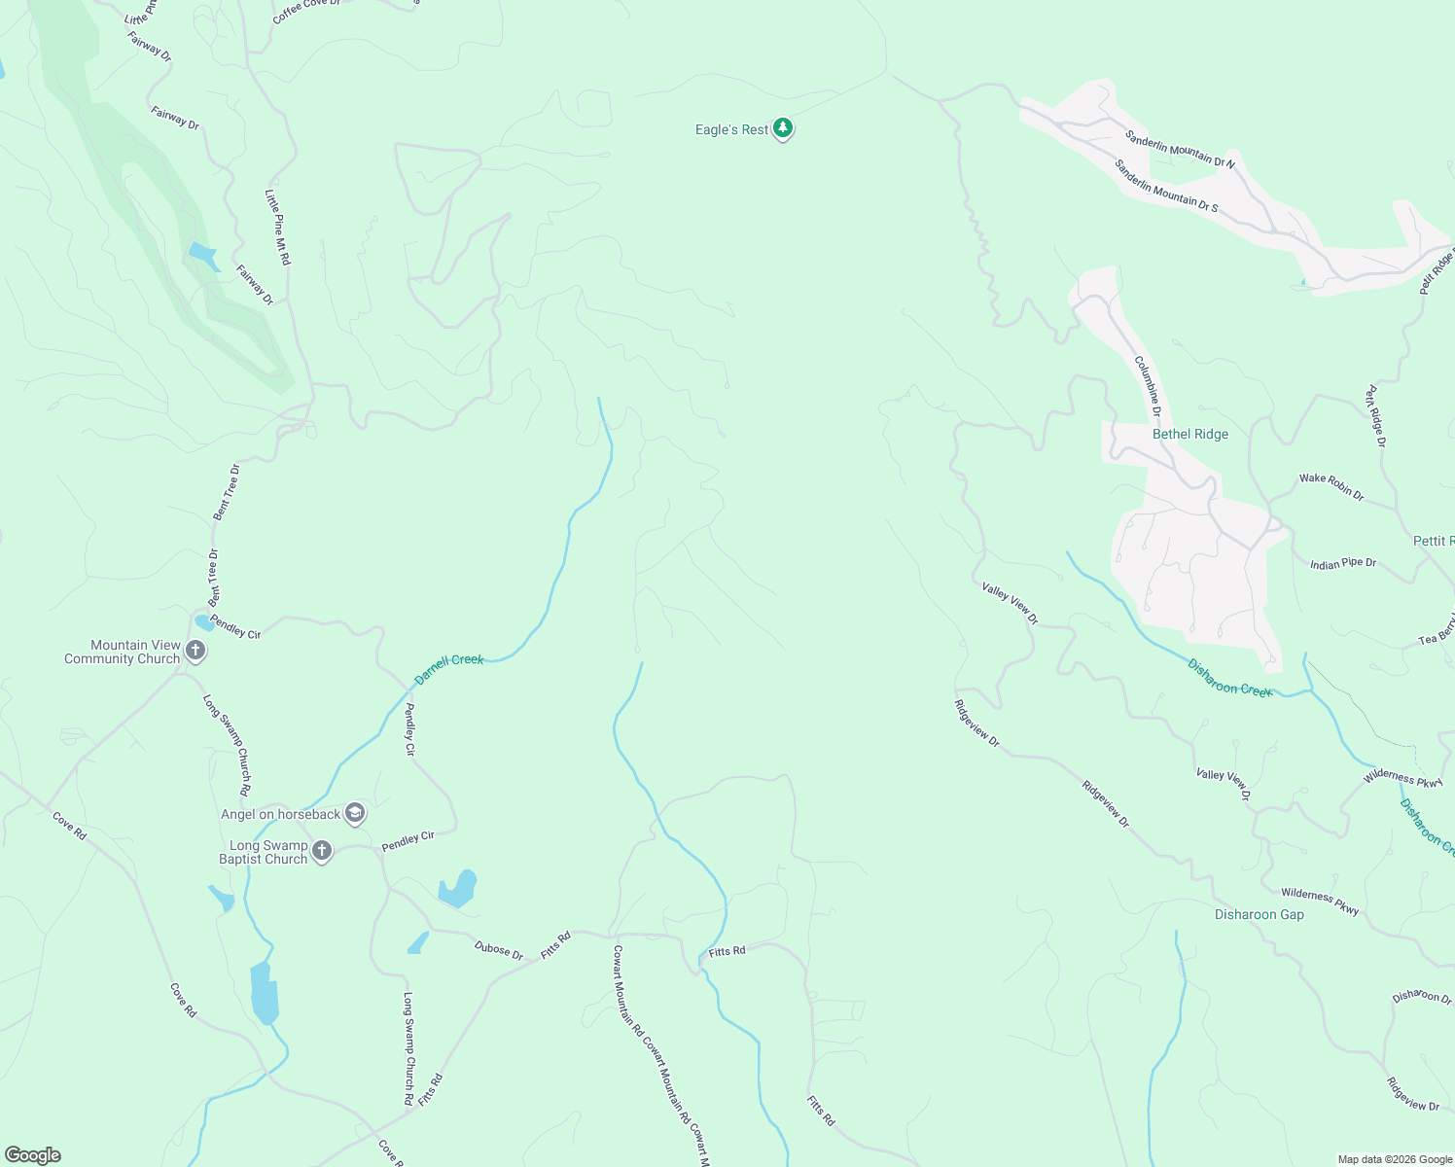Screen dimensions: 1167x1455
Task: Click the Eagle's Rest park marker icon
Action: [x=783, y=129]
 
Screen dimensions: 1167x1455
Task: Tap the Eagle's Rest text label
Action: [x=731, y=130]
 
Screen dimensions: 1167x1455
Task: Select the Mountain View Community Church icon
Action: [x=195, y=651]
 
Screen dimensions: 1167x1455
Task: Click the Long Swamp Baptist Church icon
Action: [x=322, y=851]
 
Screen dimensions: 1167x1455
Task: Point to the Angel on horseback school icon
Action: [x=355, y=814]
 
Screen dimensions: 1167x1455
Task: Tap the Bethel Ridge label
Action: [x=1189, y=435]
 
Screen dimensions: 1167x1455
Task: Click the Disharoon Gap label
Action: [x=1259, y=915]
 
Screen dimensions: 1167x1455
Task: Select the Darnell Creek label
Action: [x=448, y=669]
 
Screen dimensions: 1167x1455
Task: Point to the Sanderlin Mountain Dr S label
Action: [x=1165, y=186]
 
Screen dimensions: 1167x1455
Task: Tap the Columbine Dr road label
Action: [x=1148, y=386]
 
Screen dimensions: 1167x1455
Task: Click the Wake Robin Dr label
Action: [x=1331, y=486]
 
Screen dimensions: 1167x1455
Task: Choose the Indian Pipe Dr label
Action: [x=1343, y=564]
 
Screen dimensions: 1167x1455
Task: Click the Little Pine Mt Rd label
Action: [x=277, y=227]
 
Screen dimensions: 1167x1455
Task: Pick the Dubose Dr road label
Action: [x=499, y=950]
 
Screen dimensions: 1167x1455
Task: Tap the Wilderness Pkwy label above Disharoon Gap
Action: [x=1319, y=902]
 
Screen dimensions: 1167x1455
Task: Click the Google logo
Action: [x=32, y=1155]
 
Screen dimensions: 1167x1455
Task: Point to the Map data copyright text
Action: [x=1394, y=1159]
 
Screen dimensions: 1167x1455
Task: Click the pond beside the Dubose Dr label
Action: [x=418, y=943]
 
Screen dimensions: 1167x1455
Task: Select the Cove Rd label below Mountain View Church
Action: [x=69, y=827]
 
